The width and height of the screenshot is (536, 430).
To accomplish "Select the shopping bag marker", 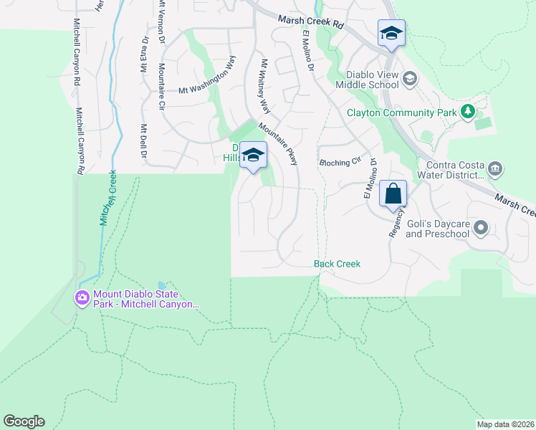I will coord(393,193).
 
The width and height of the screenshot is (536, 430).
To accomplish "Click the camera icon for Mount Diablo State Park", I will coord(82,297).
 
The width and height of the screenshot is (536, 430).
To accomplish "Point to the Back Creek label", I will coord(337,264).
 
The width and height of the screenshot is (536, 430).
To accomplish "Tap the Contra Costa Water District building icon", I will coord(495,169).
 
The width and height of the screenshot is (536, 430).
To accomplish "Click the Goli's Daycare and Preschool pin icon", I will coord(481,229).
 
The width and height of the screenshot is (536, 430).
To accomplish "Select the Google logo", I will coord(24,421).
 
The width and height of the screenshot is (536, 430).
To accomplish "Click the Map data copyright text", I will coord(504,424).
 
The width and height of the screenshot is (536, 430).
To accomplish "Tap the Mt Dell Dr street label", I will coord(143,141).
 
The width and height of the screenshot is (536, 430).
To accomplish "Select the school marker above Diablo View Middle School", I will coord(391,34).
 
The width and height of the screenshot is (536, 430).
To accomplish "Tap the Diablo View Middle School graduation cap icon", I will coord(410,78).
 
